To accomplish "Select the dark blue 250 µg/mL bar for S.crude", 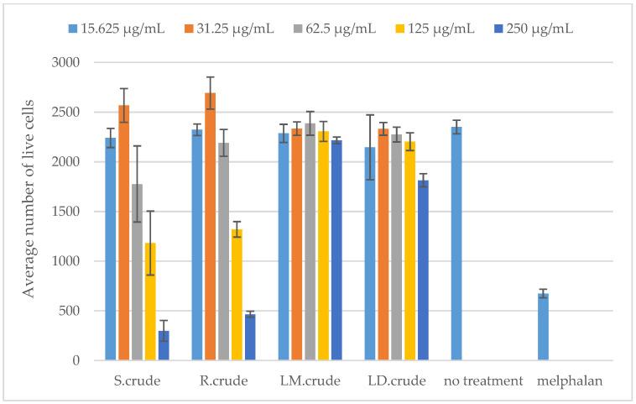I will click(x=164, y=345).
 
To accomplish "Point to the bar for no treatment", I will click(x=456, y=244).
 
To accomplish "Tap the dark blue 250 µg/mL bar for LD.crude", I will click(x=423, y=270).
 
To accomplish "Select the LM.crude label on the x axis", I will click(x=310, y=380).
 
